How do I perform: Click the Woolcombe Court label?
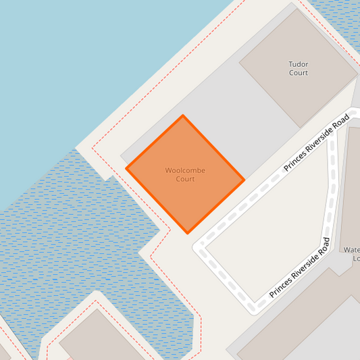185,174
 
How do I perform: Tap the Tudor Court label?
298,68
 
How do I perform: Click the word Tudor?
298,64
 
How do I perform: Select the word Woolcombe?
185,170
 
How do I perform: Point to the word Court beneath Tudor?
298,73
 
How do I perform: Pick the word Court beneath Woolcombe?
185,179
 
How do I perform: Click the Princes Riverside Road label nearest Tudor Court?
316,143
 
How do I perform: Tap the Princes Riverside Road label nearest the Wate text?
300,268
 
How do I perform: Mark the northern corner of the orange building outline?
182,115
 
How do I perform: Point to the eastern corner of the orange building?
244,181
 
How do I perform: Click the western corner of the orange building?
126,168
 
